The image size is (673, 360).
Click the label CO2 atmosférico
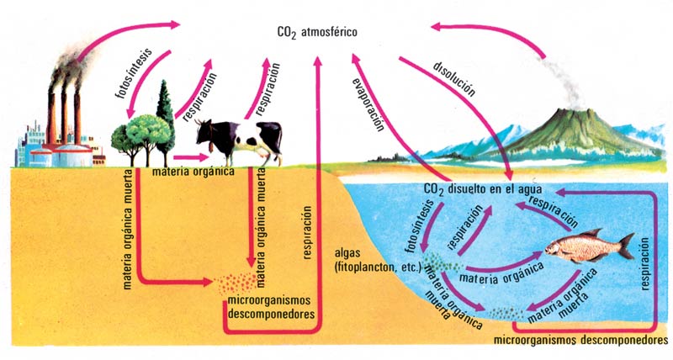click(317, 33)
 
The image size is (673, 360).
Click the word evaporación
click(369, 101)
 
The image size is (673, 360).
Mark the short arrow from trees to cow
click(191, 156)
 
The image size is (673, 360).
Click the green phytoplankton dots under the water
click(438, 263)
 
